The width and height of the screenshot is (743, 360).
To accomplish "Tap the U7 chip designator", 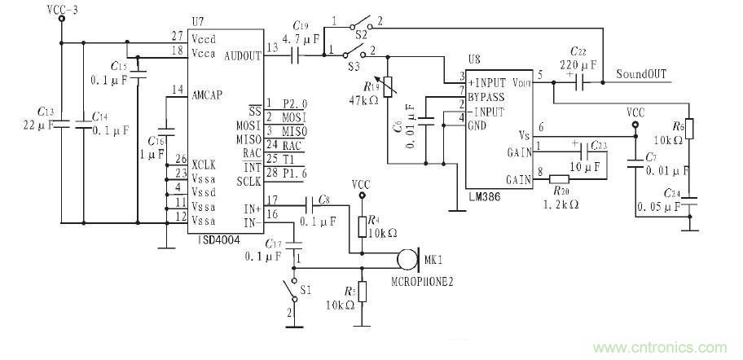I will (198, 22).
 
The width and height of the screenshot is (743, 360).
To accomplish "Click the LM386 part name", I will (485, 195).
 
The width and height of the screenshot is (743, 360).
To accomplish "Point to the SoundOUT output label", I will (641, 74).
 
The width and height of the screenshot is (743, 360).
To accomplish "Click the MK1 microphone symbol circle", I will (405, 261).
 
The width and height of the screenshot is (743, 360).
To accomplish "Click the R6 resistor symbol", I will (689, 130).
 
